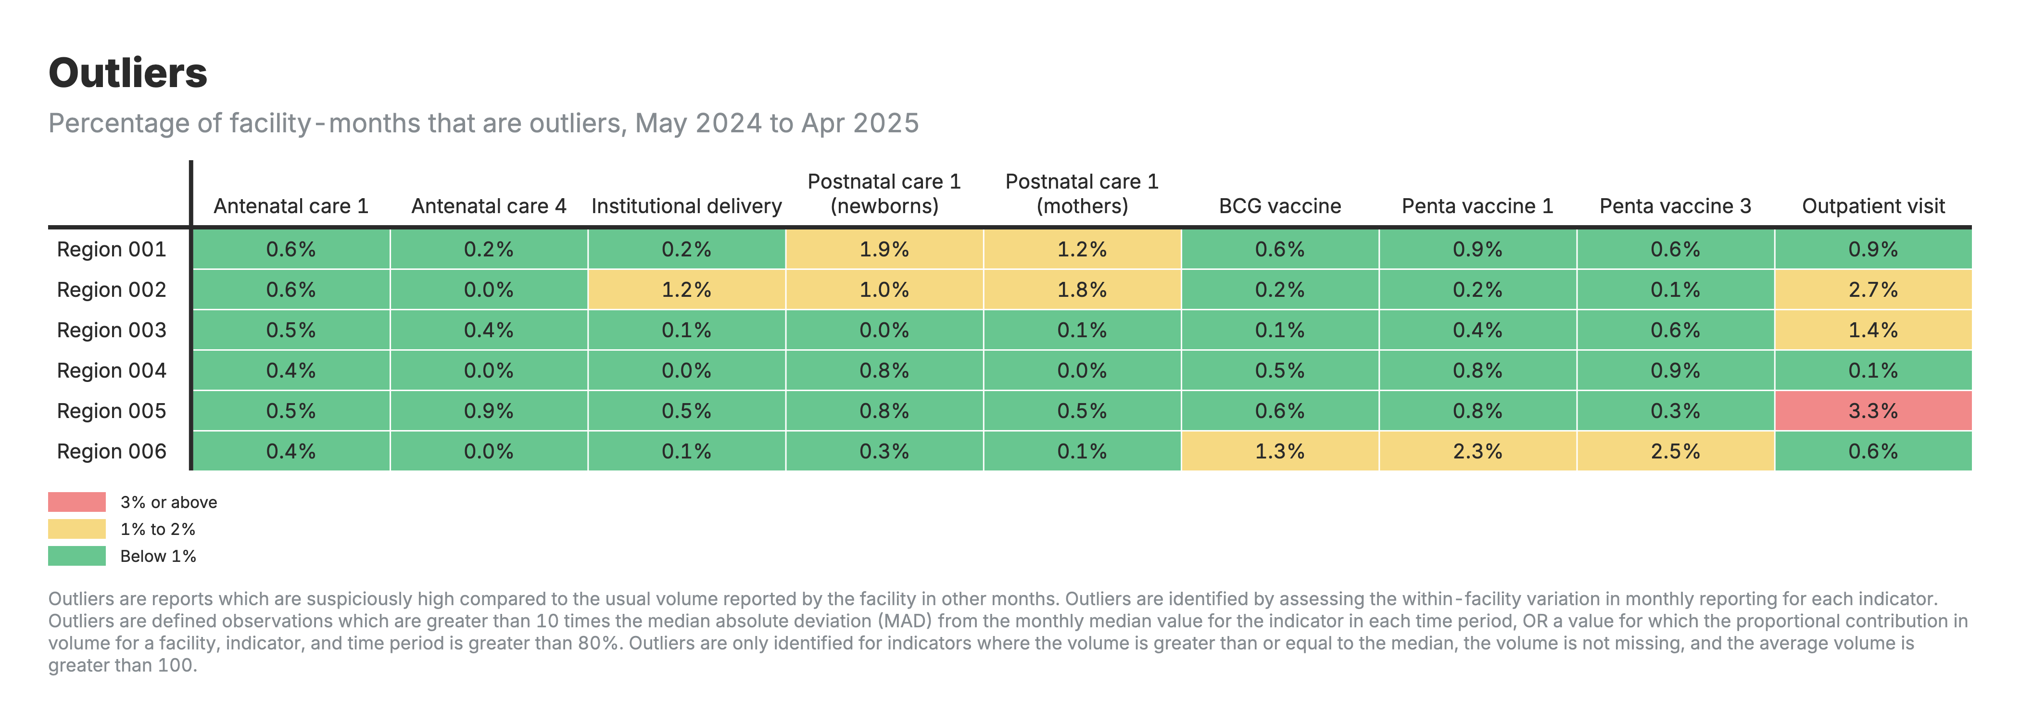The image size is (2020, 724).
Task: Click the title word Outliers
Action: [128, 73]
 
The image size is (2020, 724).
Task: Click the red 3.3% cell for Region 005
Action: [1872, 411]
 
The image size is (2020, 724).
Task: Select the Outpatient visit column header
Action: [1872, 206]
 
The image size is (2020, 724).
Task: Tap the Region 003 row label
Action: [112, 330]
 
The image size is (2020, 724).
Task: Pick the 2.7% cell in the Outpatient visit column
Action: [1872, 290]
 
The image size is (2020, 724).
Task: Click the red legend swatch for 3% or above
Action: [77, 502]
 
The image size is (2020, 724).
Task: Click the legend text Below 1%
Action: [158, 556]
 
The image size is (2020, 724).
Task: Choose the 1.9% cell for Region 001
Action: [884, 250]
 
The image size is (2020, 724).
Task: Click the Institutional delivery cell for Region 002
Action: [686, 290]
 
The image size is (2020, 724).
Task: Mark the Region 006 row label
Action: [112, 452]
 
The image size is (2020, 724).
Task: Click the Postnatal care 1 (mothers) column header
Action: [1081, 194]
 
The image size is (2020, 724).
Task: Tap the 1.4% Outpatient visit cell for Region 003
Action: [1872, 330]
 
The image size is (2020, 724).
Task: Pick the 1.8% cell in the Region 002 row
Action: [1081, 290]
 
